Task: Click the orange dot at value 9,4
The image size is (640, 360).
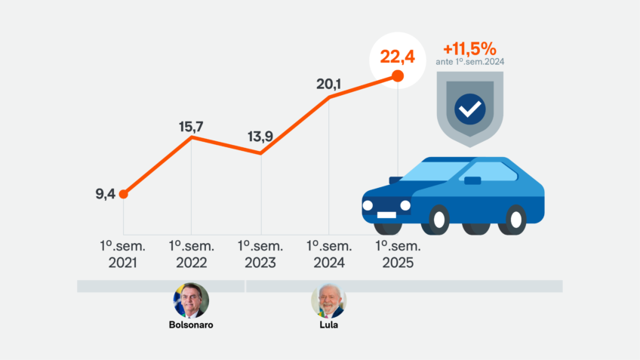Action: click(x=123, y=194)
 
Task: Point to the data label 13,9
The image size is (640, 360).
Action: click(x=261, y=137)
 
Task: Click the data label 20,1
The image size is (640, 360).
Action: click(x=329, y=84)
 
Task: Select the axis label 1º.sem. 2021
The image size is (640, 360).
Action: click(x=123, y=254)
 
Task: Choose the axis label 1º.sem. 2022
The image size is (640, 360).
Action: click(x=192, y=254)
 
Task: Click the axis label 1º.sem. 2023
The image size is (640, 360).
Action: click(x=261, y=254)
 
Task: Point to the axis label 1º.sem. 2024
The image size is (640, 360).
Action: click(x=329, y=254)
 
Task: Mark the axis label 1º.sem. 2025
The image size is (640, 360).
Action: click(x=398, y=254)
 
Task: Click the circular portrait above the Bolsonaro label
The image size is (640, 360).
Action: click(x=191, y=300)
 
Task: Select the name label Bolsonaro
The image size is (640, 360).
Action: click(x=191, y=325)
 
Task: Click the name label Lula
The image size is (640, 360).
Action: click(x=328, y=325)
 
